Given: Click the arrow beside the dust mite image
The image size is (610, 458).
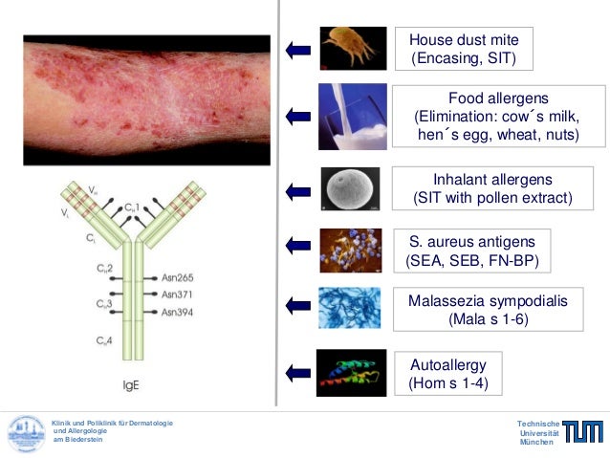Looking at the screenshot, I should (297, 49).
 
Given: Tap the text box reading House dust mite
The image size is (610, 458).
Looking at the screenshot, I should (464, 50).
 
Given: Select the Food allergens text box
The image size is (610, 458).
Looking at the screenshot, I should (497, 117).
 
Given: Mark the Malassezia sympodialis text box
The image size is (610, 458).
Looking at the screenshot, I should (488, 310).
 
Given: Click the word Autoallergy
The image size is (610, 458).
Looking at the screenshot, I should (448, 364).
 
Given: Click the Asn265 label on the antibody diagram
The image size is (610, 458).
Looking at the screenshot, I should (177, 277).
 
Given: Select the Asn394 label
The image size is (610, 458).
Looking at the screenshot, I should (177, 312).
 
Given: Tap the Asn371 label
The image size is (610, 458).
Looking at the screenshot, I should (177, 294).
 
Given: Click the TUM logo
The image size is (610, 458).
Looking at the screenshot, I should (582, 432).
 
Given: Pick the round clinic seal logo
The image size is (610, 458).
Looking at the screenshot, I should (27, 433).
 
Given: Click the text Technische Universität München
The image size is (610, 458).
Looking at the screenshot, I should (535, 433).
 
